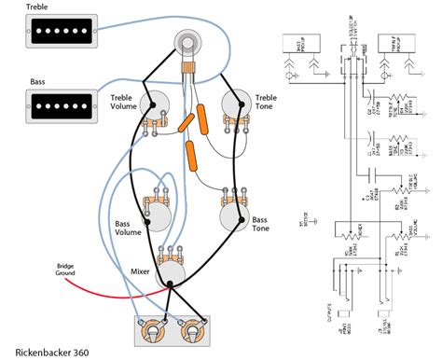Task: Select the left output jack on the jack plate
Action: (148, 330)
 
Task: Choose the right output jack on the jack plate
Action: (192, 330)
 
